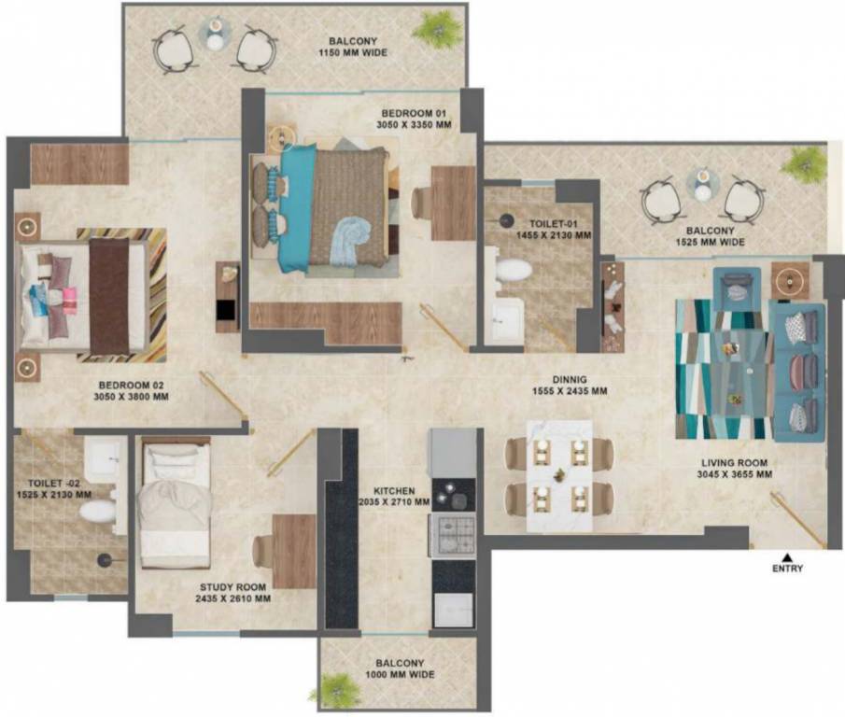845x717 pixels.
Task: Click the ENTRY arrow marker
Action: click(x=787, y=556)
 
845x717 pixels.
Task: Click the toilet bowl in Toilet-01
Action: click(x=513, y=271)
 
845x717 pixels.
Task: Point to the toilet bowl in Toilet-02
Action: click(x=96, y=511)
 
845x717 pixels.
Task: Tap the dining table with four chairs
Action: click(x=559, y=476)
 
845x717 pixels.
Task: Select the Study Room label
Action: click(x=234, y=587)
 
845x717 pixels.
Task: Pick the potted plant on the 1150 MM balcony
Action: click(x=437, y=28)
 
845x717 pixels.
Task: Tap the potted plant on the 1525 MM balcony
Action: click(x=805, y=165)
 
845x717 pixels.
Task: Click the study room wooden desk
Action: click(x=294, y=551)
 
